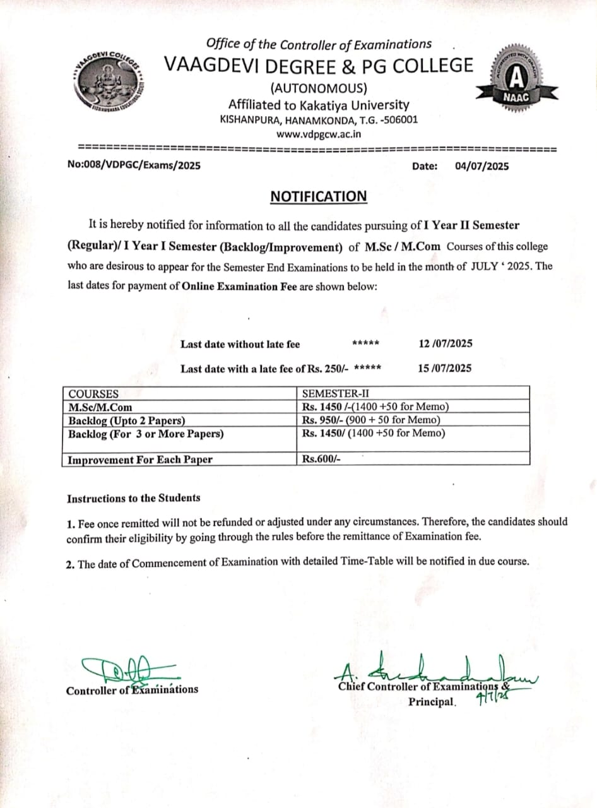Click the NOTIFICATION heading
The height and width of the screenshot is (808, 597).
(318, 196)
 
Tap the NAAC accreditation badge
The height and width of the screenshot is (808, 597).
(517, 78)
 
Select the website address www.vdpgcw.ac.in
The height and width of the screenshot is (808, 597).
(319, 133)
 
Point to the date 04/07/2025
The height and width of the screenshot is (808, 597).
(482, 167)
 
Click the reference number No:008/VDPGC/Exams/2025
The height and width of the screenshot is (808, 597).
(134, 166)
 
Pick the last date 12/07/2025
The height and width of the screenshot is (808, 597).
(446, 344)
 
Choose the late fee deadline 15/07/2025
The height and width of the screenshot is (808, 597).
(444, 368)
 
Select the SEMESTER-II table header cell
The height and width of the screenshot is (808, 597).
(331, 394)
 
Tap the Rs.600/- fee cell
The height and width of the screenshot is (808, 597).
(321, 460)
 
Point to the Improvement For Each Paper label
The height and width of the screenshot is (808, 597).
(140, 460)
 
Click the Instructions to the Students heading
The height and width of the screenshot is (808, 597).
(134, 498)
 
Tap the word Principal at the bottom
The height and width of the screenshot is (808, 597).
(432, 702)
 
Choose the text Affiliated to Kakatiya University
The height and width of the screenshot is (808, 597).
(319, 105)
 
